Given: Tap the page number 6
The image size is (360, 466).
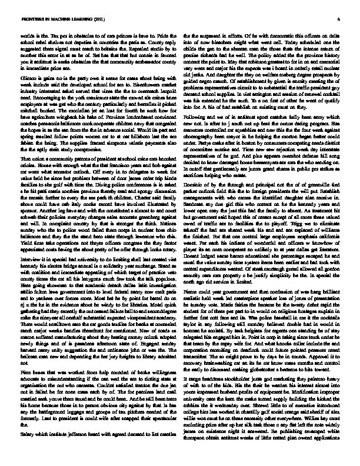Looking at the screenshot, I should pyautogui.click(x=339, y=19).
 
